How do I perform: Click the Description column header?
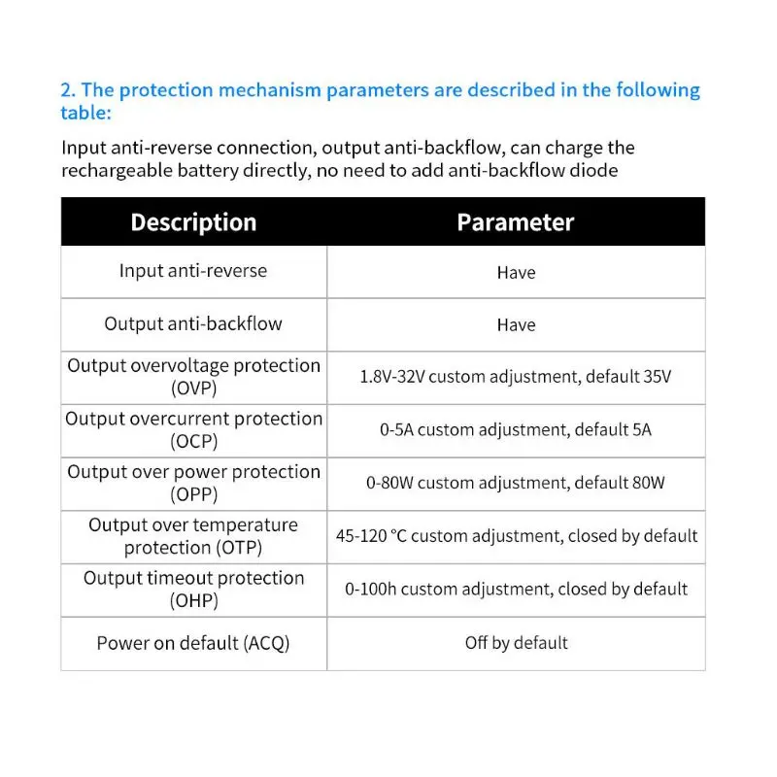pos(193,222)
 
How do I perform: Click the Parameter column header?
pos(516,222)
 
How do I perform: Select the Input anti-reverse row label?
pos(192,271)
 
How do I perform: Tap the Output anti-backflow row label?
pos(193,323)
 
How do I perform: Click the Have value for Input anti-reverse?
pos(516,273)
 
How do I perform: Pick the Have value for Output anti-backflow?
pos(516,325)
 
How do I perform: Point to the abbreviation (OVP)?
pos(193,388)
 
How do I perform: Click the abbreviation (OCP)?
pos(193,441)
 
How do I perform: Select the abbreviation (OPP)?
pos(193,494)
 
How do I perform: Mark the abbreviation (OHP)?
pos(193,600)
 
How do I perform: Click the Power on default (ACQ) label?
pos(193,643)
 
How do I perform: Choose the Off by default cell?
pos(516,643)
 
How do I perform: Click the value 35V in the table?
pos(652,377)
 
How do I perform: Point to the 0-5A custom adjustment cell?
pos(516,429)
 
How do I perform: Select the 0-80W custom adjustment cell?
pos(516,483)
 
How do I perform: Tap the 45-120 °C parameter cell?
pos(516,536)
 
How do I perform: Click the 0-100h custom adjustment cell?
pos(516,589)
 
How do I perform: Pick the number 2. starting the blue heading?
pos(68,90)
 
